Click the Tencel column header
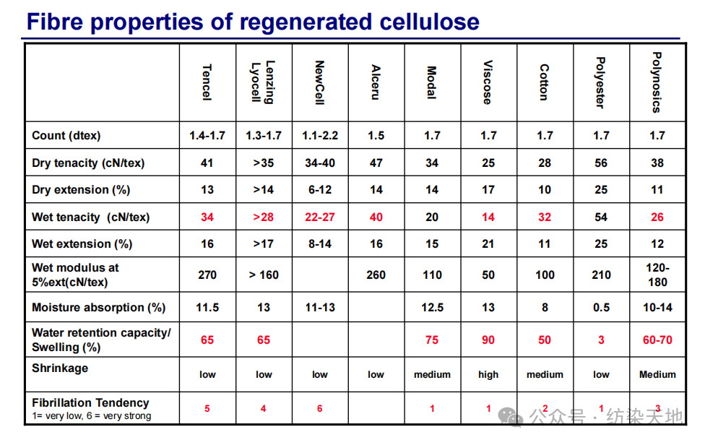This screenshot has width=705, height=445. point(207,82)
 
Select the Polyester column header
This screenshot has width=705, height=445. point(601,82)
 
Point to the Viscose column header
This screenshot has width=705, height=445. point(488,82)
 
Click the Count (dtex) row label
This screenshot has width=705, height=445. point(66,136)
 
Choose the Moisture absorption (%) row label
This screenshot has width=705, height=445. point(98,308)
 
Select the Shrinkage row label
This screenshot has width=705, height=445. point(60,368)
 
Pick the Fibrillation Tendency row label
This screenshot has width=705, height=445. point(90,403)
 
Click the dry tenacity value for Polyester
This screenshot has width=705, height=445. point(601,163)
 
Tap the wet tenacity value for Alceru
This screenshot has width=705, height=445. point(376,217)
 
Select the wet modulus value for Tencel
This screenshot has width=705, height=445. point(207,275)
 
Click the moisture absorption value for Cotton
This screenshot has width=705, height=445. point(545,308)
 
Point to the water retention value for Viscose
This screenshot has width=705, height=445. point(488,340)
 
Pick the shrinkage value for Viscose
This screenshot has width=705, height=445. point(488,375)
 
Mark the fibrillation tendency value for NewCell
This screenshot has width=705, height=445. point(319,409)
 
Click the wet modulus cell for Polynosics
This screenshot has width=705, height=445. point(657,275)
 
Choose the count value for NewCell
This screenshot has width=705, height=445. point(319,136)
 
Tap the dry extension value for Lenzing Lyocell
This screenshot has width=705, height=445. point(263,190)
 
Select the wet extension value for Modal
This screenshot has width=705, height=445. point(432,244)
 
